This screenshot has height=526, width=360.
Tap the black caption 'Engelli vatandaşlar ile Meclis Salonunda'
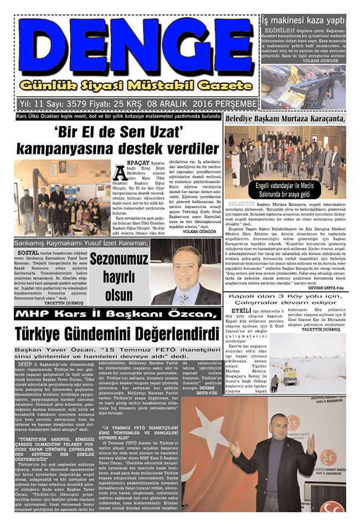pyautogui.click(x=285, y=189)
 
